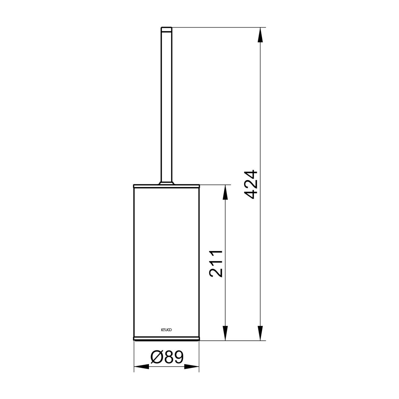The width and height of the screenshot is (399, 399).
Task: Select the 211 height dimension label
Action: [x=216, y=263]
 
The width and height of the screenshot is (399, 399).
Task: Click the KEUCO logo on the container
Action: [x=167, y=330]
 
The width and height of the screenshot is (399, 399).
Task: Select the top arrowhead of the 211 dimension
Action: [x=225, y=192]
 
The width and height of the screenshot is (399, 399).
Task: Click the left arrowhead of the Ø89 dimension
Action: [x=141, y=367]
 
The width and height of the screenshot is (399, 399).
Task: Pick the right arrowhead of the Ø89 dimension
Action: [x=192, y=367]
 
